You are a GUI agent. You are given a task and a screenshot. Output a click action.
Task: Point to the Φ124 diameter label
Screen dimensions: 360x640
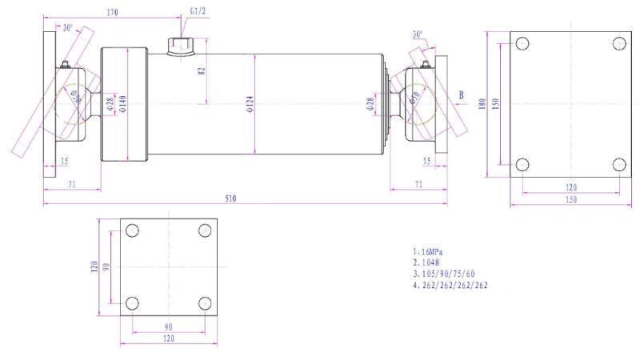pos(249,104)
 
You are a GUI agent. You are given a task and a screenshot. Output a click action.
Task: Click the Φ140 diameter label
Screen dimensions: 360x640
pos(122,104)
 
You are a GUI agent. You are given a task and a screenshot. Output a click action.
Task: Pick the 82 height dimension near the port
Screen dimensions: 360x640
pos(202,70)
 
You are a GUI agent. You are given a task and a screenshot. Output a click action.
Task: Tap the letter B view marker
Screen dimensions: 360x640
pos(462,94)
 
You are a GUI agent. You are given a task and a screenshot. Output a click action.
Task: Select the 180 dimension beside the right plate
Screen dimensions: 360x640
pos(482,104)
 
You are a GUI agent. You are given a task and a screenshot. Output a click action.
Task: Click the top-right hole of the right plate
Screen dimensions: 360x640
pos(618,43)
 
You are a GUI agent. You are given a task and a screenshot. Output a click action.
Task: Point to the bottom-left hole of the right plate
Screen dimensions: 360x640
pos(522,165)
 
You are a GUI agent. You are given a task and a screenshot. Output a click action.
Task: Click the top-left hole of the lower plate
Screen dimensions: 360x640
pos(132,230)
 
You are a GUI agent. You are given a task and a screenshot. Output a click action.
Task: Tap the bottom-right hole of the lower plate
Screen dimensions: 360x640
pos(204,303)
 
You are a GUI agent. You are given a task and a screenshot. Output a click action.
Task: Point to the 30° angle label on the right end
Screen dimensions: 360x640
pos(418,34)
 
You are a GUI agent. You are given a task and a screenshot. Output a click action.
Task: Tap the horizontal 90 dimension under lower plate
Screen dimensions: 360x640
pos(167,326)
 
